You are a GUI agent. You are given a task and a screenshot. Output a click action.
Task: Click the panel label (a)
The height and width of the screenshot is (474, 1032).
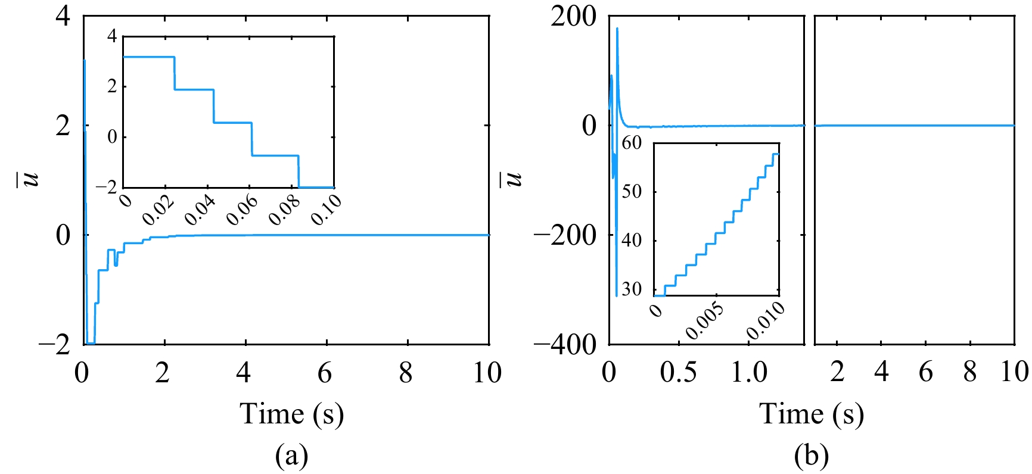291,456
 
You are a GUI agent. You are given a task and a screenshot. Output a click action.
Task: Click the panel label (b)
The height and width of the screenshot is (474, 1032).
811,456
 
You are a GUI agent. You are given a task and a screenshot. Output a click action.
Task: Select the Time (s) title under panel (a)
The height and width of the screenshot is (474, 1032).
291,413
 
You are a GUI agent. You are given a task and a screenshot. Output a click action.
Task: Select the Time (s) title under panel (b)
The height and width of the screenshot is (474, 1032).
811,413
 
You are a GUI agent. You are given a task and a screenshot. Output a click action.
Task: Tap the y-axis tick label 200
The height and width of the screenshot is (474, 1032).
573,16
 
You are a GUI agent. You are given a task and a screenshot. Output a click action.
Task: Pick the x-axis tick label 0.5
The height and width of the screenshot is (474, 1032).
678,373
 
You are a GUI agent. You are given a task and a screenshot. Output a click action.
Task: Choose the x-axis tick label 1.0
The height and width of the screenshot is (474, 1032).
749,373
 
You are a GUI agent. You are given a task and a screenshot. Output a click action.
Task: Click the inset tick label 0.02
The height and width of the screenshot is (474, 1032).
158,210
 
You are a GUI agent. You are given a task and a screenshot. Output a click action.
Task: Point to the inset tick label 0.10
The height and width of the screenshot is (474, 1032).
327,210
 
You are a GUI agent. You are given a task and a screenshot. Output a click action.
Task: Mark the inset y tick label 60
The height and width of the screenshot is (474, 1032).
632,143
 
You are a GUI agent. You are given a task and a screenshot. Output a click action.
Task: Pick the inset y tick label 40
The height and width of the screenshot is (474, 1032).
632,241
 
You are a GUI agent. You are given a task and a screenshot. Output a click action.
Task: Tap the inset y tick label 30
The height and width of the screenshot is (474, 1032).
632,289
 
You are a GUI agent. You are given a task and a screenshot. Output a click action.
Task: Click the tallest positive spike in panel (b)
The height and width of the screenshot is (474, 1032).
617,29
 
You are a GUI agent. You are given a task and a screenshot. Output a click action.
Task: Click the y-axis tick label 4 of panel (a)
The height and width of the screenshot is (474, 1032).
63,16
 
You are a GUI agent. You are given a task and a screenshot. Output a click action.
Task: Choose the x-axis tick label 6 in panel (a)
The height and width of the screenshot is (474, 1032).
325,373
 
